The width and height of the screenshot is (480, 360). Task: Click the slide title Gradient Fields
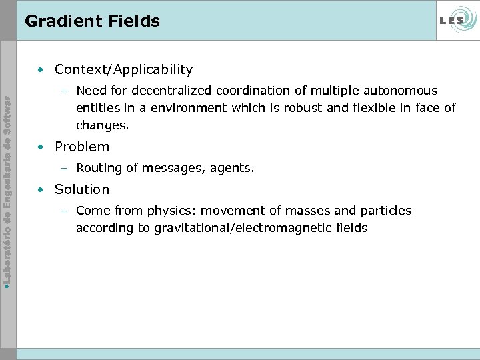click(x=93, y=21)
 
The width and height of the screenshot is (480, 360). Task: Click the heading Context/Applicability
click(x=123, y=69)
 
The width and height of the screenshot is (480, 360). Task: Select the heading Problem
click(x=82, y=147)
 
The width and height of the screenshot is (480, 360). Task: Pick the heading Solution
click(x=82, y=189)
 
